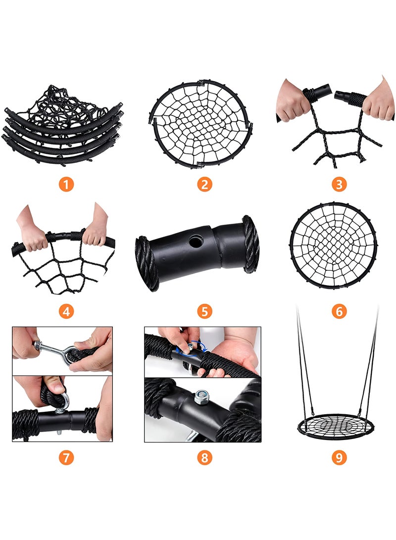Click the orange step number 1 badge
pyautogui.click(x=66, y=184)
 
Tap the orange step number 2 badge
pyautogui.click(x=204, y=184)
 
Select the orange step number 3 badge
pyautogui.click(x=339, y=184)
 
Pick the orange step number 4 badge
pyautogui.click(x=66, y=312)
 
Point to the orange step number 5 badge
pyautogui.click(x=204, y=312)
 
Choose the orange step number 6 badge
pyautogui.click(x=339, y=312)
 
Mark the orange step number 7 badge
pyautogui.click(x=66, y=458)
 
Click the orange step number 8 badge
pyautogui.click(x=204, y=458)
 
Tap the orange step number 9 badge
pyautogui.click(x=339, y=458)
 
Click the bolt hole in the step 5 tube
pyautogui.click(x=197, y=240)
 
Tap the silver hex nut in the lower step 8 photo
pyautogui.click(x=201, y=397)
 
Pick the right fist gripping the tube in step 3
pyautogui.click(x=377, y=101)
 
